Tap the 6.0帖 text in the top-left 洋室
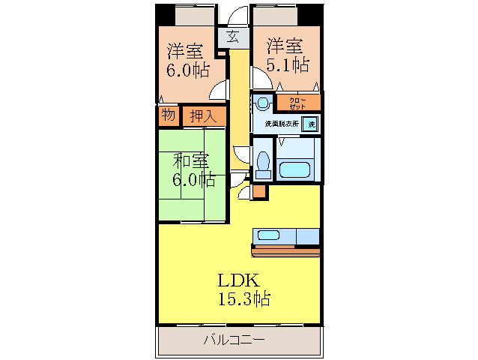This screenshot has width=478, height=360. tap(187, 70)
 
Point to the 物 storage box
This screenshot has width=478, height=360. tap(168, 115)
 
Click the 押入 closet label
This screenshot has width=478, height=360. tap(202, 116)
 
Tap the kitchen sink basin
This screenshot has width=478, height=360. tap(267, 235)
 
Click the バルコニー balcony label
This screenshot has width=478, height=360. tap(234, 340)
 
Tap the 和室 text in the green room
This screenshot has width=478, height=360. tap(190, 160)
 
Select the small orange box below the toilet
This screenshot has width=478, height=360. tap(258, 191)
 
